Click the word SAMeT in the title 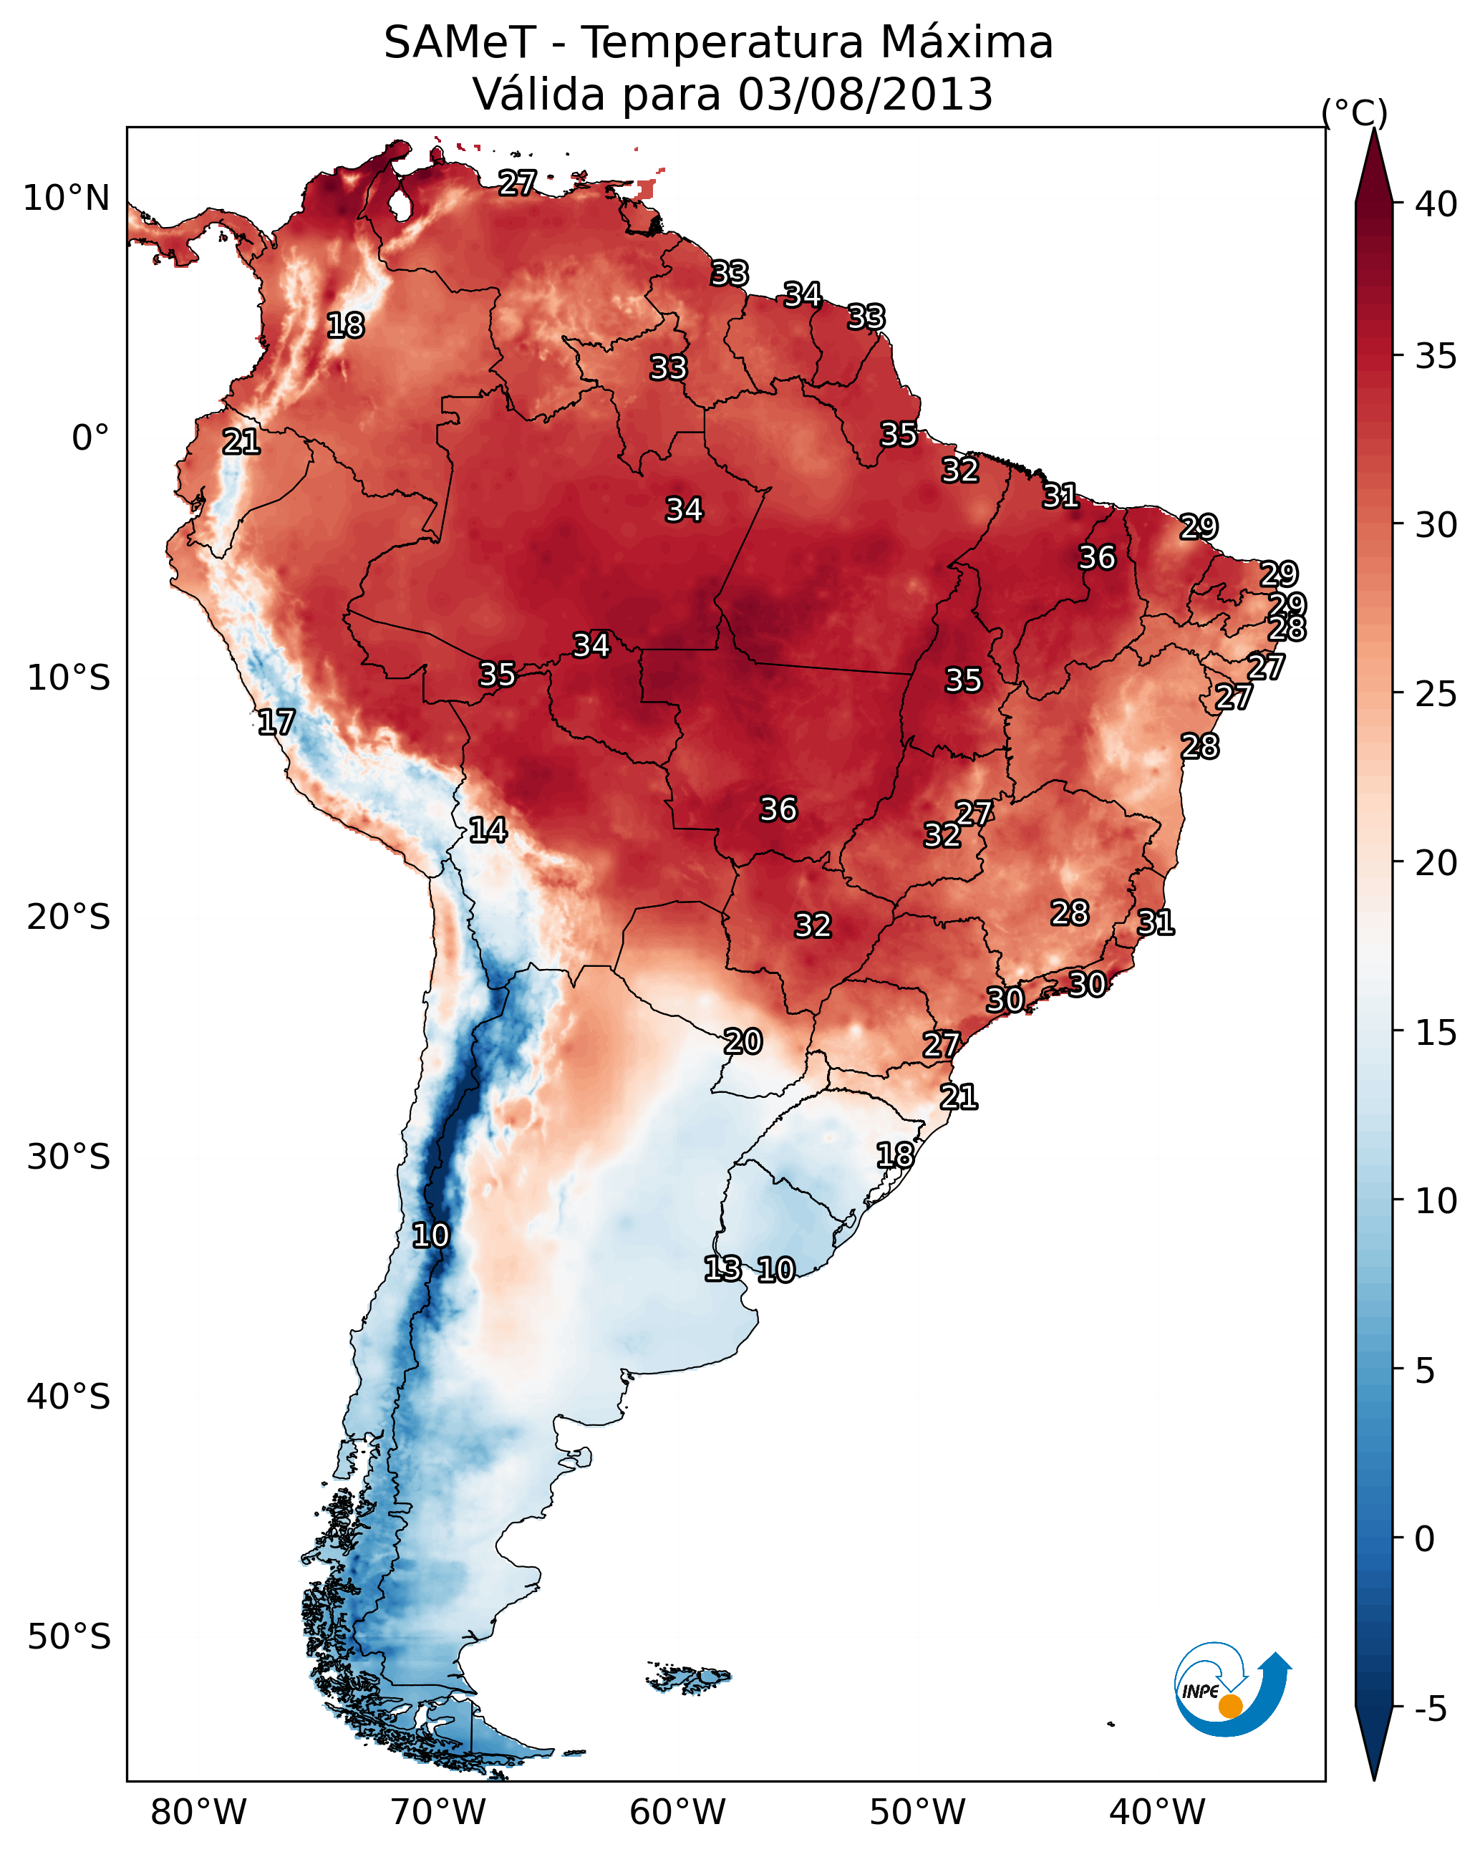tap(460, 43)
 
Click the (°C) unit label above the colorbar tap(1354, 112)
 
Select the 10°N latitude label tap(66, 198)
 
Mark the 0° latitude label tap(90, 438)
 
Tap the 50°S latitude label tap(69, 1637)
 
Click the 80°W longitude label tap(198, 1813)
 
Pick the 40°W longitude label tap(1156, 1813)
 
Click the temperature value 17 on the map tap(276, 723)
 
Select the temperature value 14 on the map tap(487, 830)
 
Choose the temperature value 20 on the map tap(742, 1042)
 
